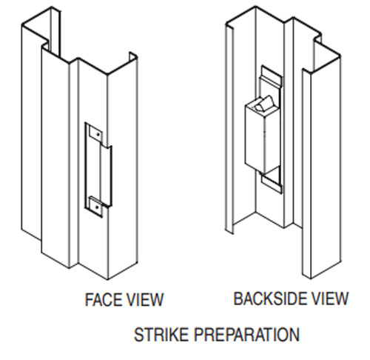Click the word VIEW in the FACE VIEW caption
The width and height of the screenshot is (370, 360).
pos(146,300)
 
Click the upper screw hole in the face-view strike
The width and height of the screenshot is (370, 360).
pos(95,133)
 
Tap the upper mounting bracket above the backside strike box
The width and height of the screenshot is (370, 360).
pos(270,79)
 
